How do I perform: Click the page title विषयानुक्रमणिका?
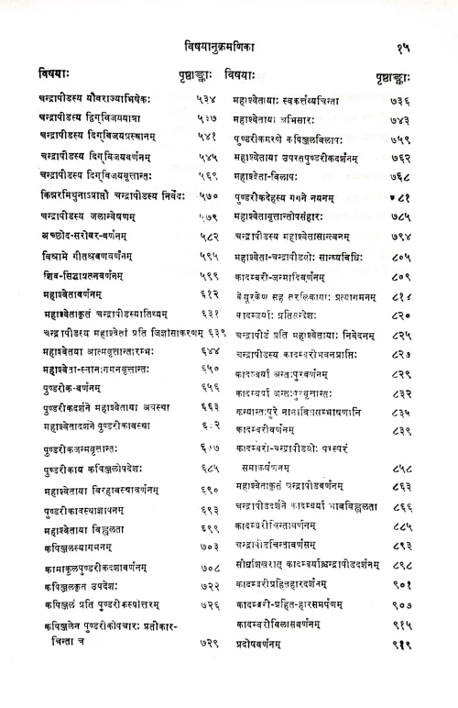[230, 43]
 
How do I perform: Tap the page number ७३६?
[401, 101]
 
